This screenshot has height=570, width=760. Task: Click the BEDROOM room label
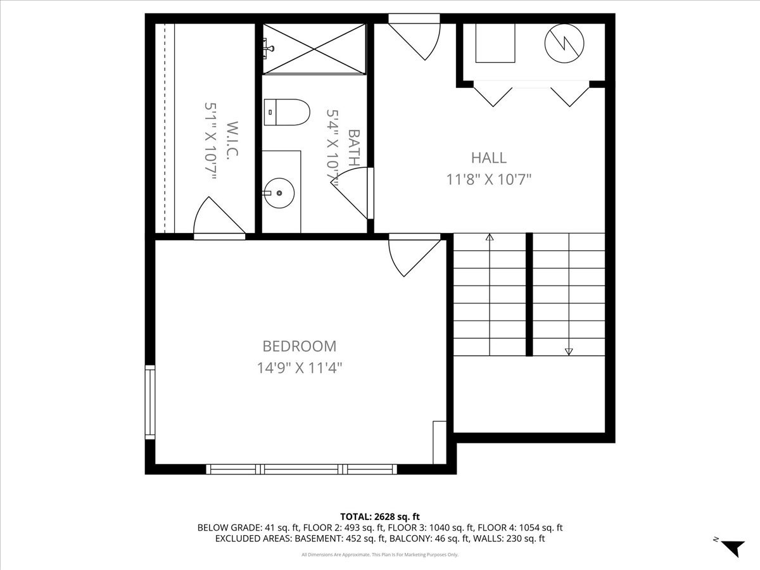click(x=299, y=346)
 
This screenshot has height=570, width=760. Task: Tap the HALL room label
click(x=488, y=158)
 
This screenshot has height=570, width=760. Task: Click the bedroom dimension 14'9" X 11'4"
click(x=299, y=367)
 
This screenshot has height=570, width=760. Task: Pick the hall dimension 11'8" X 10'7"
click(x=488, y=179)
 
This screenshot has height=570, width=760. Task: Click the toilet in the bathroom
click(x=286, y=112)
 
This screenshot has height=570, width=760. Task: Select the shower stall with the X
click(x=315, y=48)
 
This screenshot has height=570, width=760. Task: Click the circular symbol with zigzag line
click(x=564, y=43)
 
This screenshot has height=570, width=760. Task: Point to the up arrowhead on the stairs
click(x=490, y=238)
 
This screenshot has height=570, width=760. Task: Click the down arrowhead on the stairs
click(x=569, y=351)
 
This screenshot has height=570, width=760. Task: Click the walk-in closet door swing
click(x=215, y=218)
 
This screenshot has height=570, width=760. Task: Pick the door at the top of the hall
click(x=418, y=38)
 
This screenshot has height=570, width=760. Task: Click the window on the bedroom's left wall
click(x=150, y=402)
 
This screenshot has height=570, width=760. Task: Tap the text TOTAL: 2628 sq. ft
click(x=380, y=516)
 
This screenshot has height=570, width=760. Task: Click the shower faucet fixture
click(x=269, y=46)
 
